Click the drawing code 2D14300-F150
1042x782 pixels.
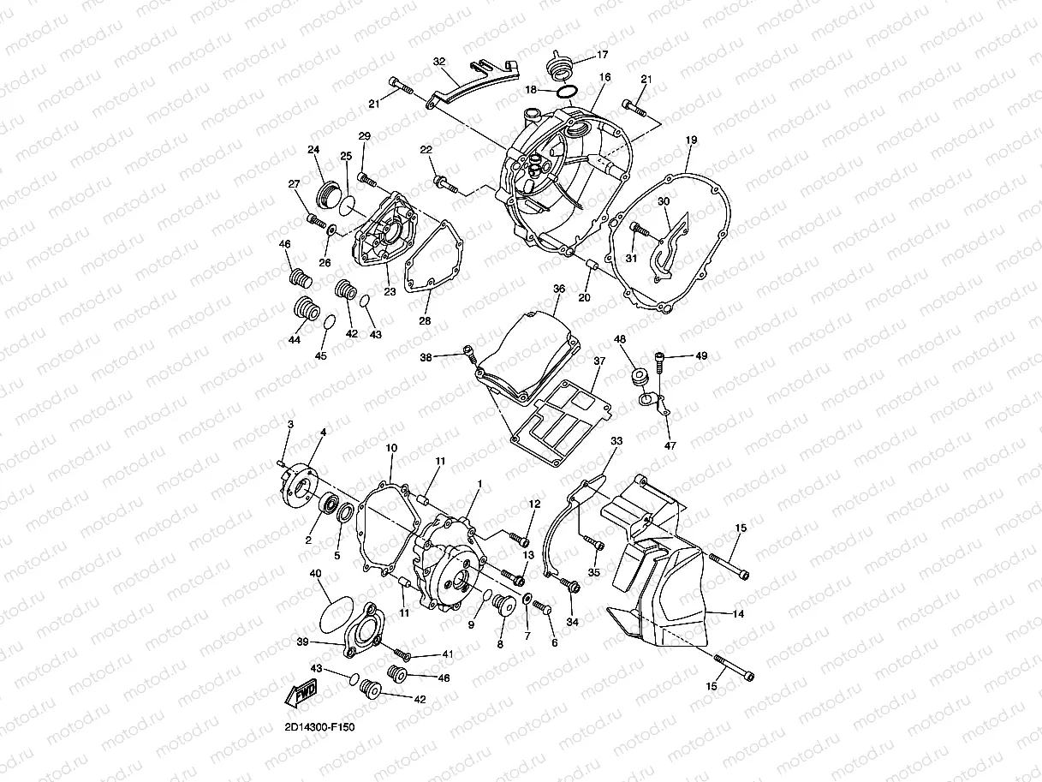tap(319, 727)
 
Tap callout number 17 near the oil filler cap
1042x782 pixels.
tap(602, 55)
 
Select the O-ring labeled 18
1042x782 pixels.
tap(567, 91)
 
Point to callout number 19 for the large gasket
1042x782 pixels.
tap(691, 140)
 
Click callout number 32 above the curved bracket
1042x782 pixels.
tap(439, 62)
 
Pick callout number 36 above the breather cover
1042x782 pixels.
tap(559, 289)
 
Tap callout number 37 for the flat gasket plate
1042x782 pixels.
tap(599, 361)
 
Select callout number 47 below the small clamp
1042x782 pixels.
tap(670, 446)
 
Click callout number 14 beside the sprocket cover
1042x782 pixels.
tap(738, 614)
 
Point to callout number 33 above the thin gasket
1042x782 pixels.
tap(616, 441)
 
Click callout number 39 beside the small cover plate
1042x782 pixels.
tap(302, 642)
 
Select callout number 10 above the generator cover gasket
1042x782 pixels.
tap(391, 448)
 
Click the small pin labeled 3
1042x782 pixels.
tap(280, 463)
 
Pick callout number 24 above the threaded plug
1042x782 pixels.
tap(313, 150)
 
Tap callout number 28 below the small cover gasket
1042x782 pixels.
tap(425, 321)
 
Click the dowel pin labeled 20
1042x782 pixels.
tap(592, 264)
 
